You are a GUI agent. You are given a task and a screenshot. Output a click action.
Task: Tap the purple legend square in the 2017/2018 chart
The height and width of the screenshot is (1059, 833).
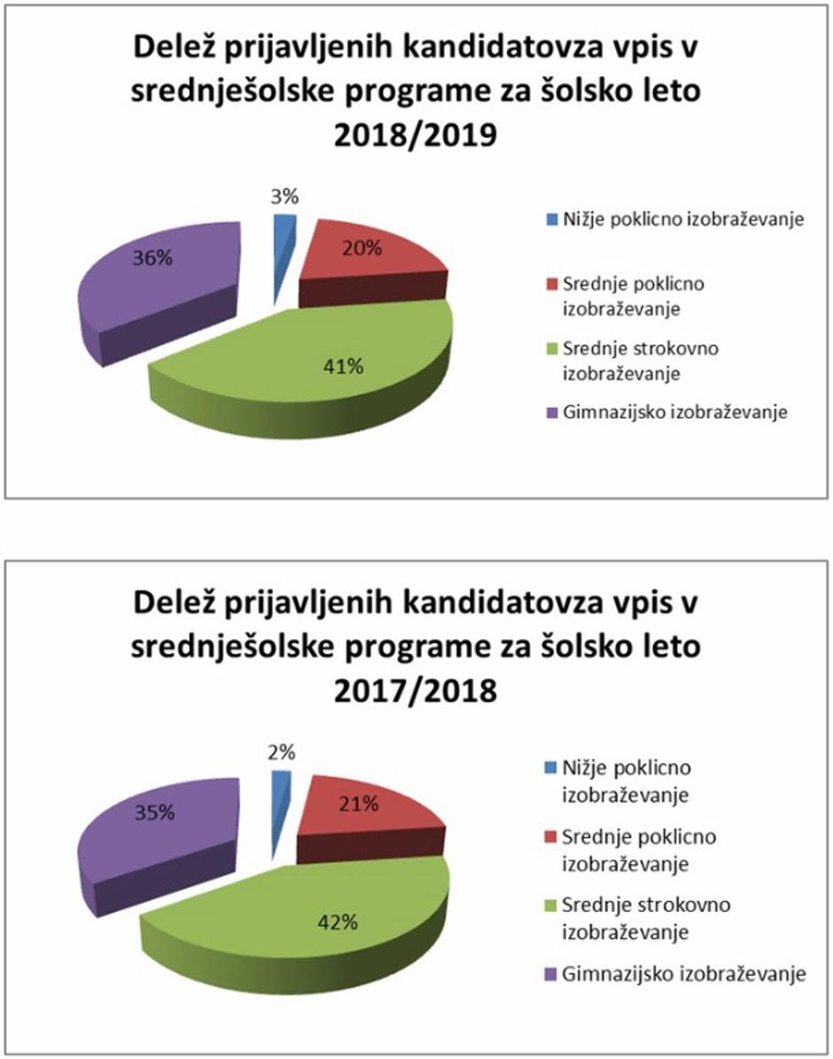(x=550, y=975)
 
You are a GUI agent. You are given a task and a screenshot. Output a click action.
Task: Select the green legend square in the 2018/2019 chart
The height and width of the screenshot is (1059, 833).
(x=550, y=348)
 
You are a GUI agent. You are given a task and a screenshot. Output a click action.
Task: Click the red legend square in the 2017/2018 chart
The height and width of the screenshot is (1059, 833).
(x=550, y=837)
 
